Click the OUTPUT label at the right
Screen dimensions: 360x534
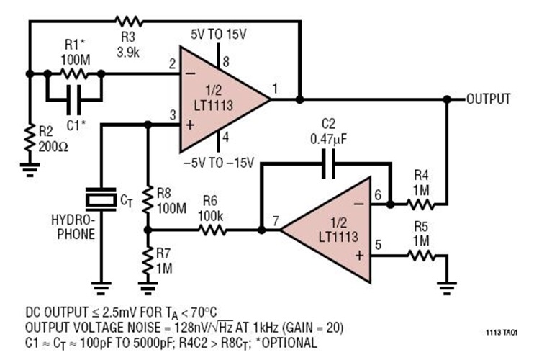(x=489, y=98)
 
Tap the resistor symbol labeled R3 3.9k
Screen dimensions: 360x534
(x=130, y=20)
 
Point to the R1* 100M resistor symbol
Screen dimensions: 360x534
(x=74, y=73)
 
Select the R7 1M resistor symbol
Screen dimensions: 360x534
(x=148, y=256)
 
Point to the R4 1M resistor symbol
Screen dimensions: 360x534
(x=419, y=204)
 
